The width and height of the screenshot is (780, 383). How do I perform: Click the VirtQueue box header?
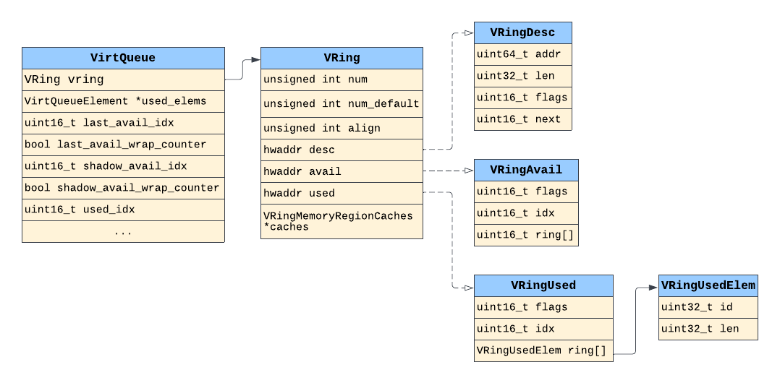(x=123, y=58)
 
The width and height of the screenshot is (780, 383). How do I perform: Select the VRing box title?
(x=342, y=58)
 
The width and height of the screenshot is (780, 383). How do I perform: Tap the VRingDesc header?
(x=522, y=33)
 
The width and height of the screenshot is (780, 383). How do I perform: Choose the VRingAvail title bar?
(x=526, y=170)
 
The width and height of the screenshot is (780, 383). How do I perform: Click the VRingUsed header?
(x=543, y=285)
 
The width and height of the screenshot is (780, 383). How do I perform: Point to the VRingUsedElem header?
(x=708, y=285)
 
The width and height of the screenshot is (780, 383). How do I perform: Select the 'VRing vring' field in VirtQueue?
(x=123, y=79)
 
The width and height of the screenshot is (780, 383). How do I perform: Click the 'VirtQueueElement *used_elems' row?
(x=123, y=101)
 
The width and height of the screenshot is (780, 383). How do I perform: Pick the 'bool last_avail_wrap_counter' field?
(x=123, y=145)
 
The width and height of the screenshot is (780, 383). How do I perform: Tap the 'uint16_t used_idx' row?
(x=123, y=210)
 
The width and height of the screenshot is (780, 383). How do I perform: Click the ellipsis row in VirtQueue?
(x=123, y=232)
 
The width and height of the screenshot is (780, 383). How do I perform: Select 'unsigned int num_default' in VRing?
(x=342, y=103)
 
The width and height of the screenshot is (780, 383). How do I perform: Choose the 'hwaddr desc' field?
(x=342, y=150)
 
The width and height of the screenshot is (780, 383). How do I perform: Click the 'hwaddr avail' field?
(x=342, y=171)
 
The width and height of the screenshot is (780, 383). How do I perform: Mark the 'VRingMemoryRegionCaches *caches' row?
(x=342, y=221)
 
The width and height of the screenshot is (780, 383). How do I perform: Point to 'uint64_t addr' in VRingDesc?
(x=522, y=54)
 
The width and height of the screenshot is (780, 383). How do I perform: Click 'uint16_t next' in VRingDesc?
(x=522, y=119)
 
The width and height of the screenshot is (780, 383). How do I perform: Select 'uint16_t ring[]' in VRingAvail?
(x=526, y=235)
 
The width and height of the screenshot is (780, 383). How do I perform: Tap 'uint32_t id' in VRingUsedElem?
(x=708, y=307)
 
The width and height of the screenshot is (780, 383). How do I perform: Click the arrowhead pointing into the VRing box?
(x=255, y=60)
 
